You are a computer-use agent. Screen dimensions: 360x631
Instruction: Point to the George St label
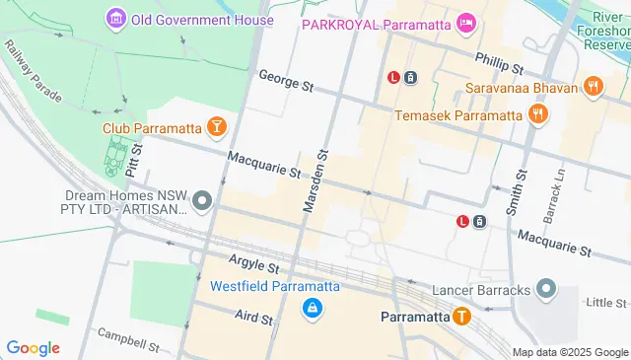(x=285, y=81)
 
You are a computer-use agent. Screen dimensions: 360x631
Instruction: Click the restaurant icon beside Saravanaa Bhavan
(x=593, y=86)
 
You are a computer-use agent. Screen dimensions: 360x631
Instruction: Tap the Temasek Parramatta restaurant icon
(x=537, y=114)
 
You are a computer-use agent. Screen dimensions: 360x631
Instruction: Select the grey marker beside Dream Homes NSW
(x=203, y=202)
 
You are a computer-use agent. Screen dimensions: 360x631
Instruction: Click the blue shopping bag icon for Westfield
(x=312, y=309)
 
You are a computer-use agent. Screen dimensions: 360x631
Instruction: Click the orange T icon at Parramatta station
(x=461, y=317)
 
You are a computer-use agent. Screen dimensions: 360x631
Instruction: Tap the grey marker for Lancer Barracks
(x=546, y=290)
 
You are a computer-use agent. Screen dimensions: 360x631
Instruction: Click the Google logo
(x=33, y=347)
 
